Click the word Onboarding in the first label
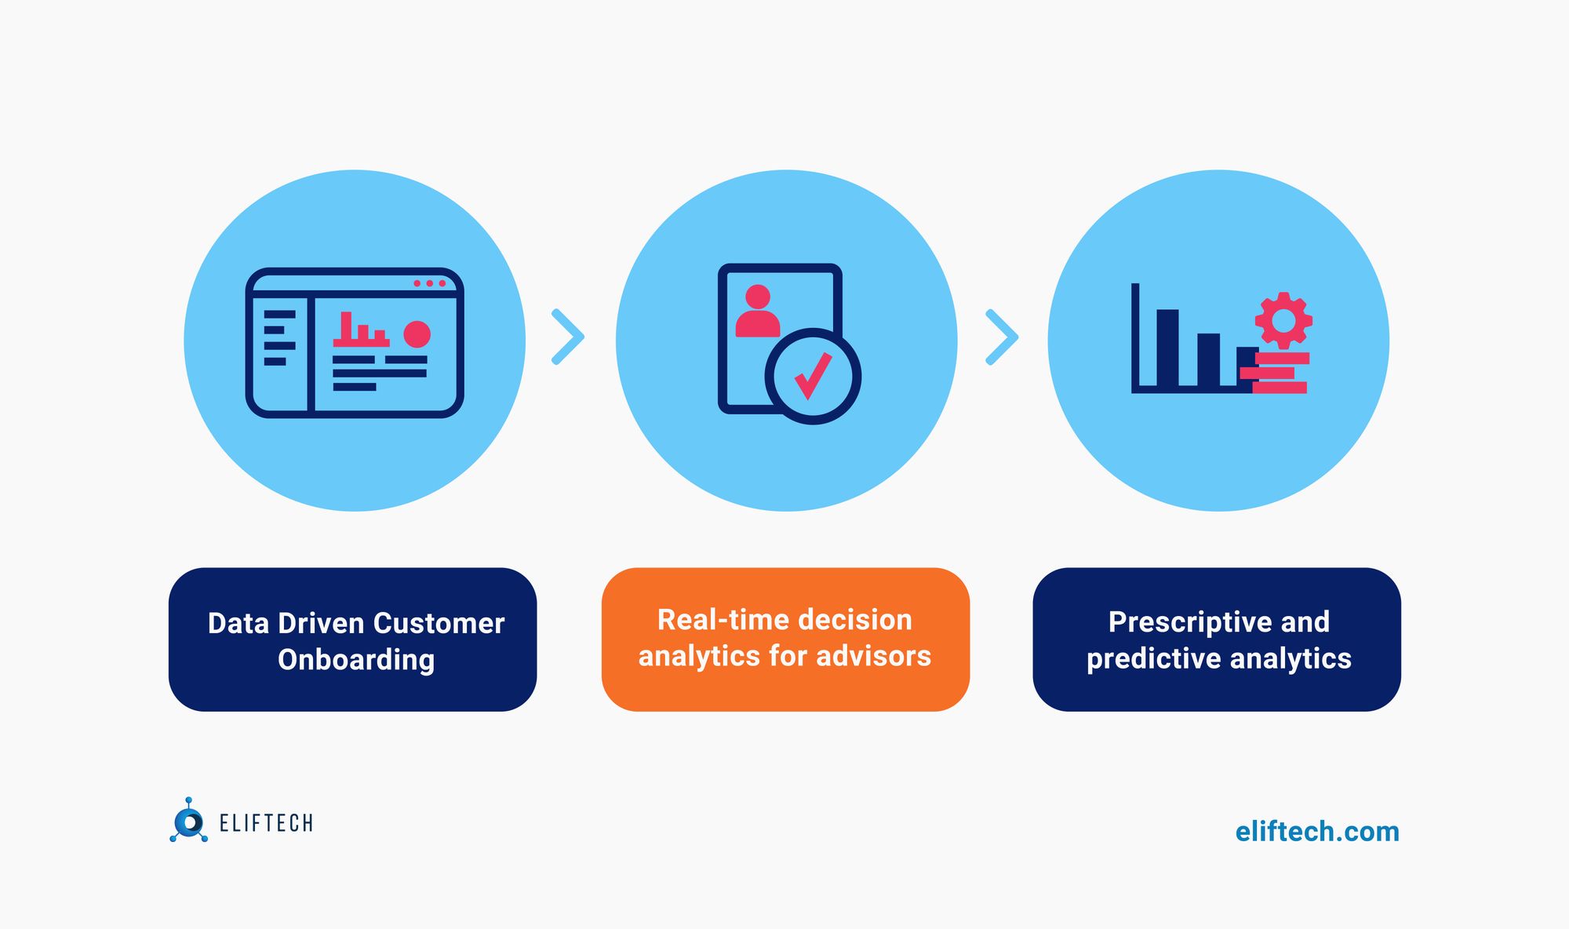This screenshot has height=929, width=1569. coord(356,660)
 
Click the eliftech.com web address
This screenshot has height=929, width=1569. coord(1317,832)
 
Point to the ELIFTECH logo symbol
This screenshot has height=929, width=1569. coord(188,822)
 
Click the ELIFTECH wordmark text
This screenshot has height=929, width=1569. coord(266,823)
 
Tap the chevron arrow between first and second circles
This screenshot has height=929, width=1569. coord(568,337)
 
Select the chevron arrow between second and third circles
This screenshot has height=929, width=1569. coord(1002,337)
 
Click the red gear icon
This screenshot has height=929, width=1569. coord(1283,320)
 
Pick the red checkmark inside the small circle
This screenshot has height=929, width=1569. coord(813,376)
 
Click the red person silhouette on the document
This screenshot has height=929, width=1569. coord(757,311)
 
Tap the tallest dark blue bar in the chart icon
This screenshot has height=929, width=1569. coord(1167,347)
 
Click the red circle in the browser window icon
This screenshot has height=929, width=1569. coord(417,333)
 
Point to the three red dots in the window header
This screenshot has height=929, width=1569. coord(429,283)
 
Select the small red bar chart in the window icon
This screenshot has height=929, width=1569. coord(360,330)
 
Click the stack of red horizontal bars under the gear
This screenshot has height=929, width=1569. coord(1276,373)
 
